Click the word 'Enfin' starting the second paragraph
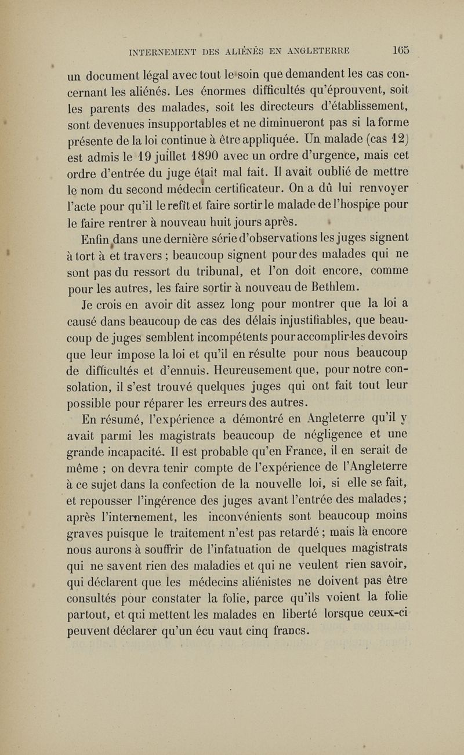83,237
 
